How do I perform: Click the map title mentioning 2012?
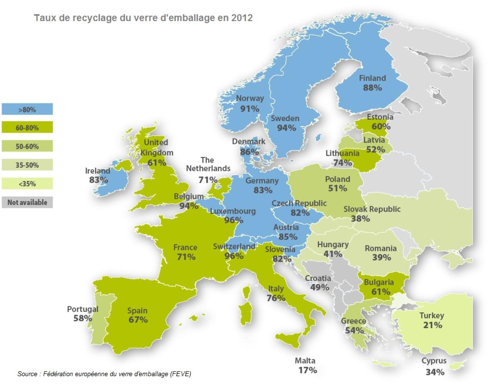click(x=143, y=18)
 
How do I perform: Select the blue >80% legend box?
click(x=27, y=109)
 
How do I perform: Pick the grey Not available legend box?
click(x=27, y=202)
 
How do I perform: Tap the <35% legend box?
click(x=27, y=184)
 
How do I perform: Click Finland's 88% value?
click(x=372, y=88)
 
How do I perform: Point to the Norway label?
click(x=250, y=99)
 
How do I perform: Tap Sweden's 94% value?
click(x=286, y=128)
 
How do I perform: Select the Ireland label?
click(x=98, y=171)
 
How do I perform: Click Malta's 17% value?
click(x=307, y=370)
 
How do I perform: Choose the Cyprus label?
click(x=434, y=361)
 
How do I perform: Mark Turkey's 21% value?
click(x=433, y=325)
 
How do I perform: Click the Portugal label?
click(x=83, y=309)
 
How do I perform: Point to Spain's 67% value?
click(x=138, y=320)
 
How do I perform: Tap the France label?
click(x=185, y=248)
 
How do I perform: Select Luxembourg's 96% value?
click(x=233, y=220)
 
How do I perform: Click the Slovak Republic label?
click(x=372, y=209)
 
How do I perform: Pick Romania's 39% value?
click(x=381, y=258)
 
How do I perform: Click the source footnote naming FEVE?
click(x=104, y=374)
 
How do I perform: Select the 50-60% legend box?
click(x=27, y=146)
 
